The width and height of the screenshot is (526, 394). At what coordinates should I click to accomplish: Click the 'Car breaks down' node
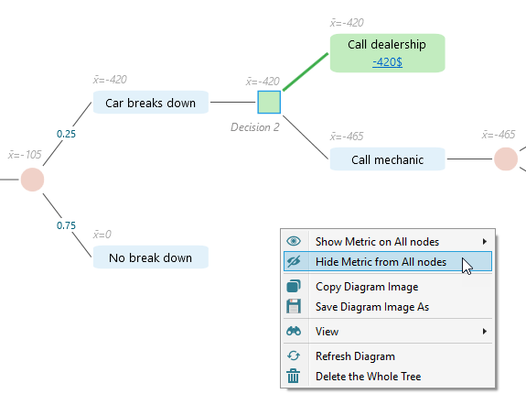(150, 103)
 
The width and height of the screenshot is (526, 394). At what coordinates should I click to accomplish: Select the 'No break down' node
(150, 257)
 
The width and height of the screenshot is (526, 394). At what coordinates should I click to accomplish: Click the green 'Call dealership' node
(387, 45)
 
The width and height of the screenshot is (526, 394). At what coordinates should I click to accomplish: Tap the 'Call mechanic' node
(387, 159)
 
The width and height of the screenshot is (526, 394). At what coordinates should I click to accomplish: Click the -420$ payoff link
(387, 61)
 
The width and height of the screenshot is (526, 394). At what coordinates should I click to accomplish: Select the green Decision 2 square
(269, 102)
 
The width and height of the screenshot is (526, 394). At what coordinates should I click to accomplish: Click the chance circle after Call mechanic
(506, 159)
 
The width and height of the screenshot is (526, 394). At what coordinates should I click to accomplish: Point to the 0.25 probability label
(67, 134)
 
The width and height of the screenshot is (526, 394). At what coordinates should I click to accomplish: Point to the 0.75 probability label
(67, 224)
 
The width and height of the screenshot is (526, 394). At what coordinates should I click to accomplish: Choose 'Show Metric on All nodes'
(377, 241)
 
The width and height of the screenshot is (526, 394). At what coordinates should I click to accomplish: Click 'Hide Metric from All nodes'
(381, 262)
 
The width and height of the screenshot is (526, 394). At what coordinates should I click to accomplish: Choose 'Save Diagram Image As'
(371, 307)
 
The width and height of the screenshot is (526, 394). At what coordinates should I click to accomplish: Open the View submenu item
(327, 331)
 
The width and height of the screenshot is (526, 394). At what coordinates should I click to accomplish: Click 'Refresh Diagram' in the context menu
(355, 356)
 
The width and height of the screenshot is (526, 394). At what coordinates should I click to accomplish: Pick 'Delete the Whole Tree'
(368, 376)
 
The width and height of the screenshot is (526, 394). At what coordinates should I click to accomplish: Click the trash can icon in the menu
(294, 376)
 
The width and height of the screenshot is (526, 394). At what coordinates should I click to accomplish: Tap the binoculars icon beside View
(294, 331)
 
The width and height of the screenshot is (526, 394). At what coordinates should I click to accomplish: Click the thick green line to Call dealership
(306, 71)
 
